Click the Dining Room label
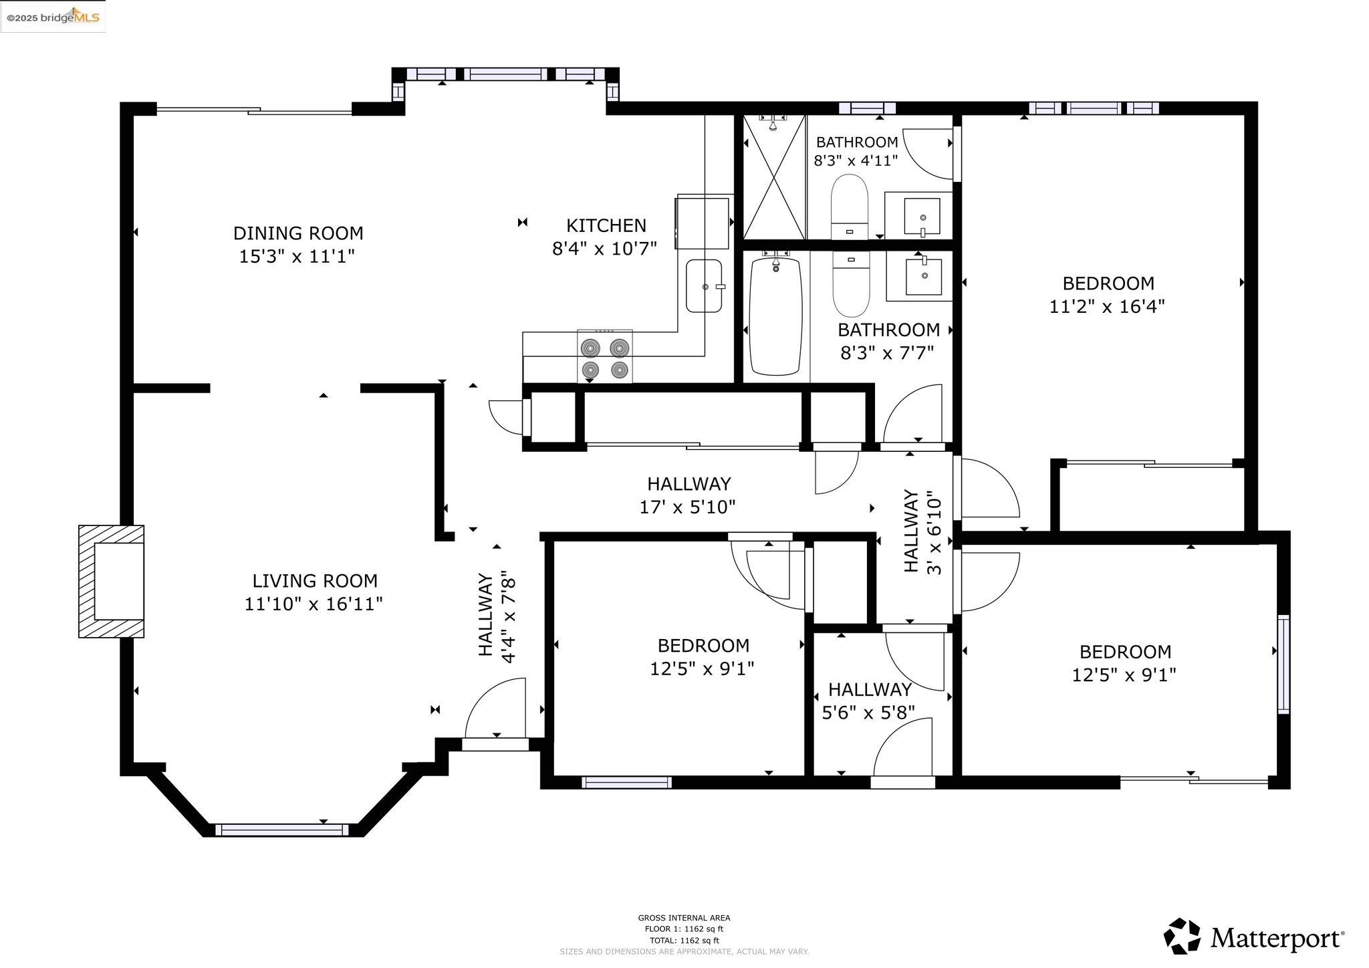pyautogui.click(x=298, y=233)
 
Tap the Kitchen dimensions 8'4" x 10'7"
pyautogui.click(x=604, y=249)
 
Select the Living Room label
pyautogui.click(x=315, y=581)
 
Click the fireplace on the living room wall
pyautogui.click(x=111, y=581)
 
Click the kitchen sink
pyautogui.click(x=705, y=286)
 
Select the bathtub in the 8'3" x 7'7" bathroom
pyautogui.click(x=775, y=317)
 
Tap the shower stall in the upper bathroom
pyautogui.click(x=774, y=177)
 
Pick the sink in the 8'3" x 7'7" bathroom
pyautogui.click(x=924, y=277)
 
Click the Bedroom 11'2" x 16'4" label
pyautogui.click(x=1108, y=295)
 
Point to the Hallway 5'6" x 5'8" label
pyautogui.click(x=869, y=701)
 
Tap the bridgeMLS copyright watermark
pyautogui.click(x=53, y=17)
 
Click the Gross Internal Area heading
pyautogui.click(x=684, y=918)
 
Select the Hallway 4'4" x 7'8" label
pyautogui.click(x=496, y=616)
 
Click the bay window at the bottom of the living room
pyautogui.click(x=281, y=830)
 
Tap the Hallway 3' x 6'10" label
pyautogui.click(x=922, y=531)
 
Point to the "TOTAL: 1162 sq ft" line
pyautogui.click(x=684, y=941)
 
